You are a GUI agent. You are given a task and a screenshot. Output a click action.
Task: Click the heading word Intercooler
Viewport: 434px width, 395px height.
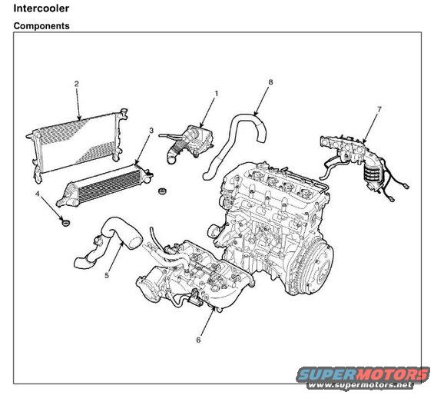pos(41,8)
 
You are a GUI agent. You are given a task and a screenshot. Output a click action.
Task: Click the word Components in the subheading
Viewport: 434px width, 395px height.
pos(41,26)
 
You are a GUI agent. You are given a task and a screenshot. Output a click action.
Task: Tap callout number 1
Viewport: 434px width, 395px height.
pos(217,94)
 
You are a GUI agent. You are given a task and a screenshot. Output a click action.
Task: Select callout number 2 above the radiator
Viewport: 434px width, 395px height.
pos(77,83)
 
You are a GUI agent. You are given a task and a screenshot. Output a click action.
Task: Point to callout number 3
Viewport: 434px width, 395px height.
pos(151,130)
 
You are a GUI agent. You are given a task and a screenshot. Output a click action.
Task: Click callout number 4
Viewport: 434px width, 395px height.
pos(38,194)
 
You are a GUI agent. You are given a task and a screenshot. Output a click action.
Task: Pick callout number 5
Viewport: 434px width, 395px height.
pos(107,275)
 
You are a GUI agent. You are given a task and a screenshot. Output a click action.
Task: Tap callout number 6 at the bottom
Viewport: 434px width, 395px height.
pos(198,340)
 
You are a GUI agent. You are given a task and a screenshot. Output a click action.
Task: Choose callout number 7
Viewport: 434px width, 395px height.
pos(379,109)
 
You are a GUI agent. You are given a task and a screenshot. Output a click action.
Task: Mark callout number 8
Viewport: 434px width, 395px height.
pos(270,82)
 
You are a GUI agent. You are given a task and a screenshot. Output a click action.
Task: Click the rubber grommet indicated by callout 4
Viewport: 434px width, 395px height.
pos(65,222)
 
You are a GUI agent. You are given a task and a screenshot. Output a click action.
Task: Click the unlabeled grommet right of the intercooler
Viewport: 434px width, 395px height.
pos(162,191)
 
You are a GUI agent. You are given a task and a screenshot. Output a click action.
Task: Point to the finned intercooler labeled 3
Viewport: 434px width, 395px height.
pos(105,184)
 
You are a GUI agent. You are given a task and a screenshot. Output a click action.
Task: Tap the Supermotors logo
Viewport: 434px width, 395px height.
pos(363,374)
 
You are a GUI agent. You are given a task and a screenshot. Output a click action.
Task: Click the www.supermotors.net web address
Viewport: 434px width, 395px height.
pos(359,385)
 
